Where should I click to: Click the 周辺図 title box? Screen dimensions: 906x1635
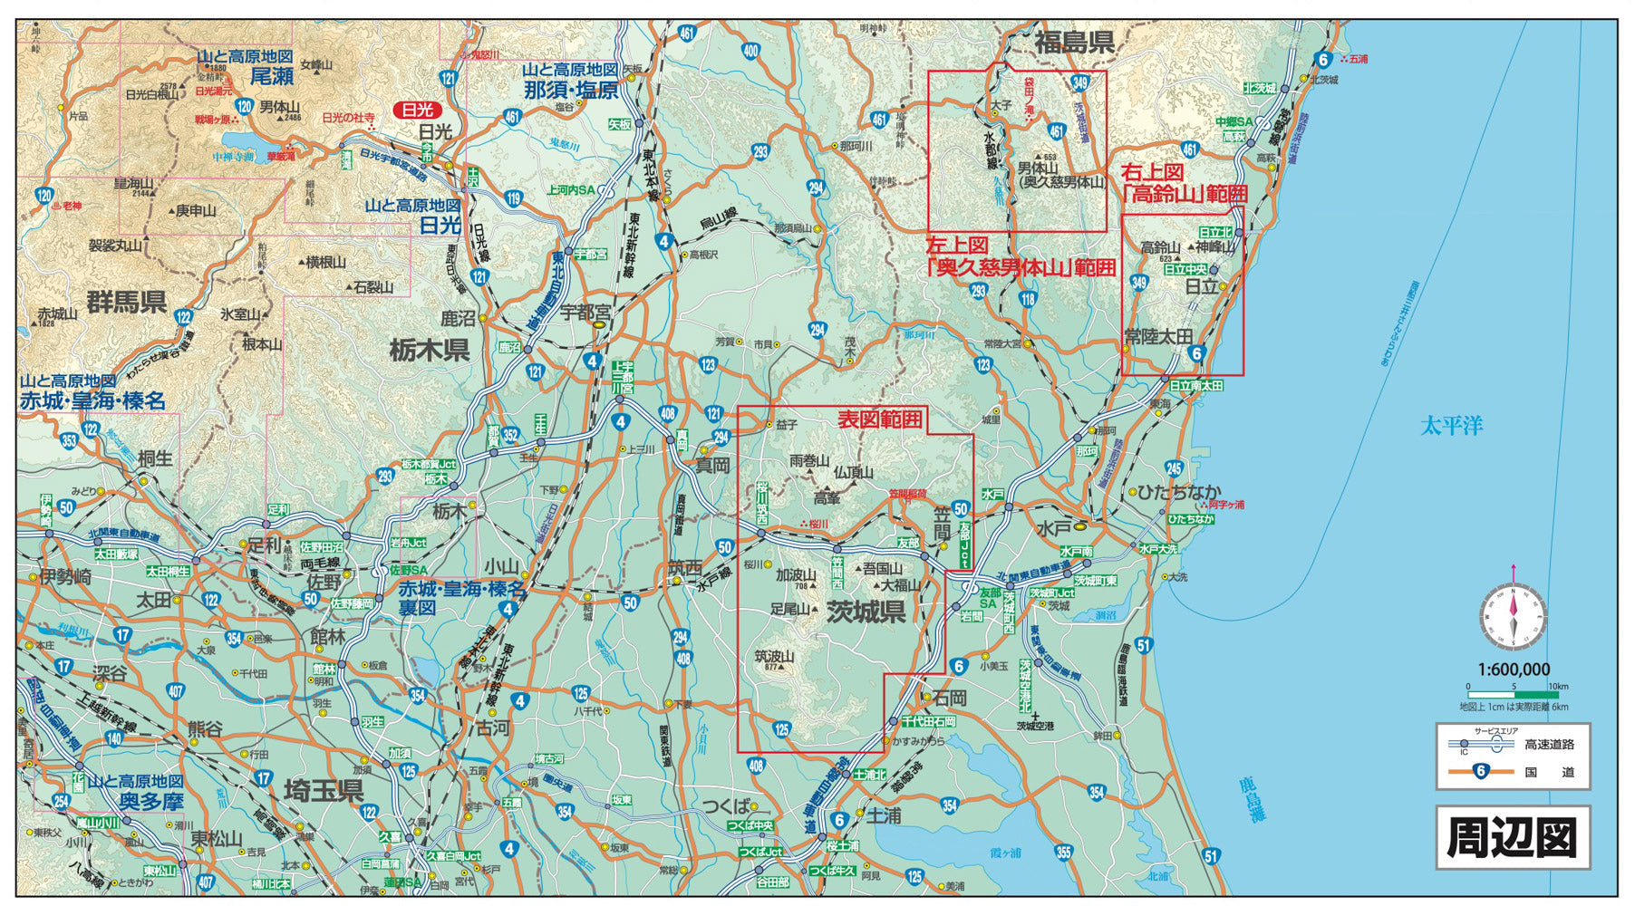point(1512,838)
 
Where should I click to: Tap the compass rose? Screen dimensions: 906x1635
point(1513,616)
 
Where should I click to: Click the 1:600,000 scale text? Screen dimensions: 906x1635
point(1513,670)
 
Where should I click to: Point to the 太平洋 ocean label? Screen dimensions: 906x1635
point(1451,425)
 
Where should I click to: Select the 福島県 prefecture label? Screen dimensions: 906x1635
point(1074,42)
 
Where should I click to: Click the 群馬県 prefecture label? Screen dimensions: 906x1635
point(127,301)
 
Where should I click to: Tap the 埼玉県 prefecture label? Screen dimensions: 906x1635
point(324,790)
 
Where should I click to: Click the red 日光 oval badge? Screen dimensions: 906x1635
point(417,111)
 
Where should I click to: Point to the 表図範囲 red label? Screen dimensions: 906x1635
point(879,419)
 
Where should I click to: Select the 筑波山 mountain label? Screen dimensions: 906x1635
point(774,657)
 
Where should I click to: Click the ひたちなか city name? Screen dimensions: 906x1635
point(1173,492)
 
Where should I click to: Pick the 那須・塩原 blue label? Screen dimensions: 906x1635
point(571,90)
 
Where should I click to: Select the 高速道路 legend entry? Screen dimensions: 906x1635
point(1549,745)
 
